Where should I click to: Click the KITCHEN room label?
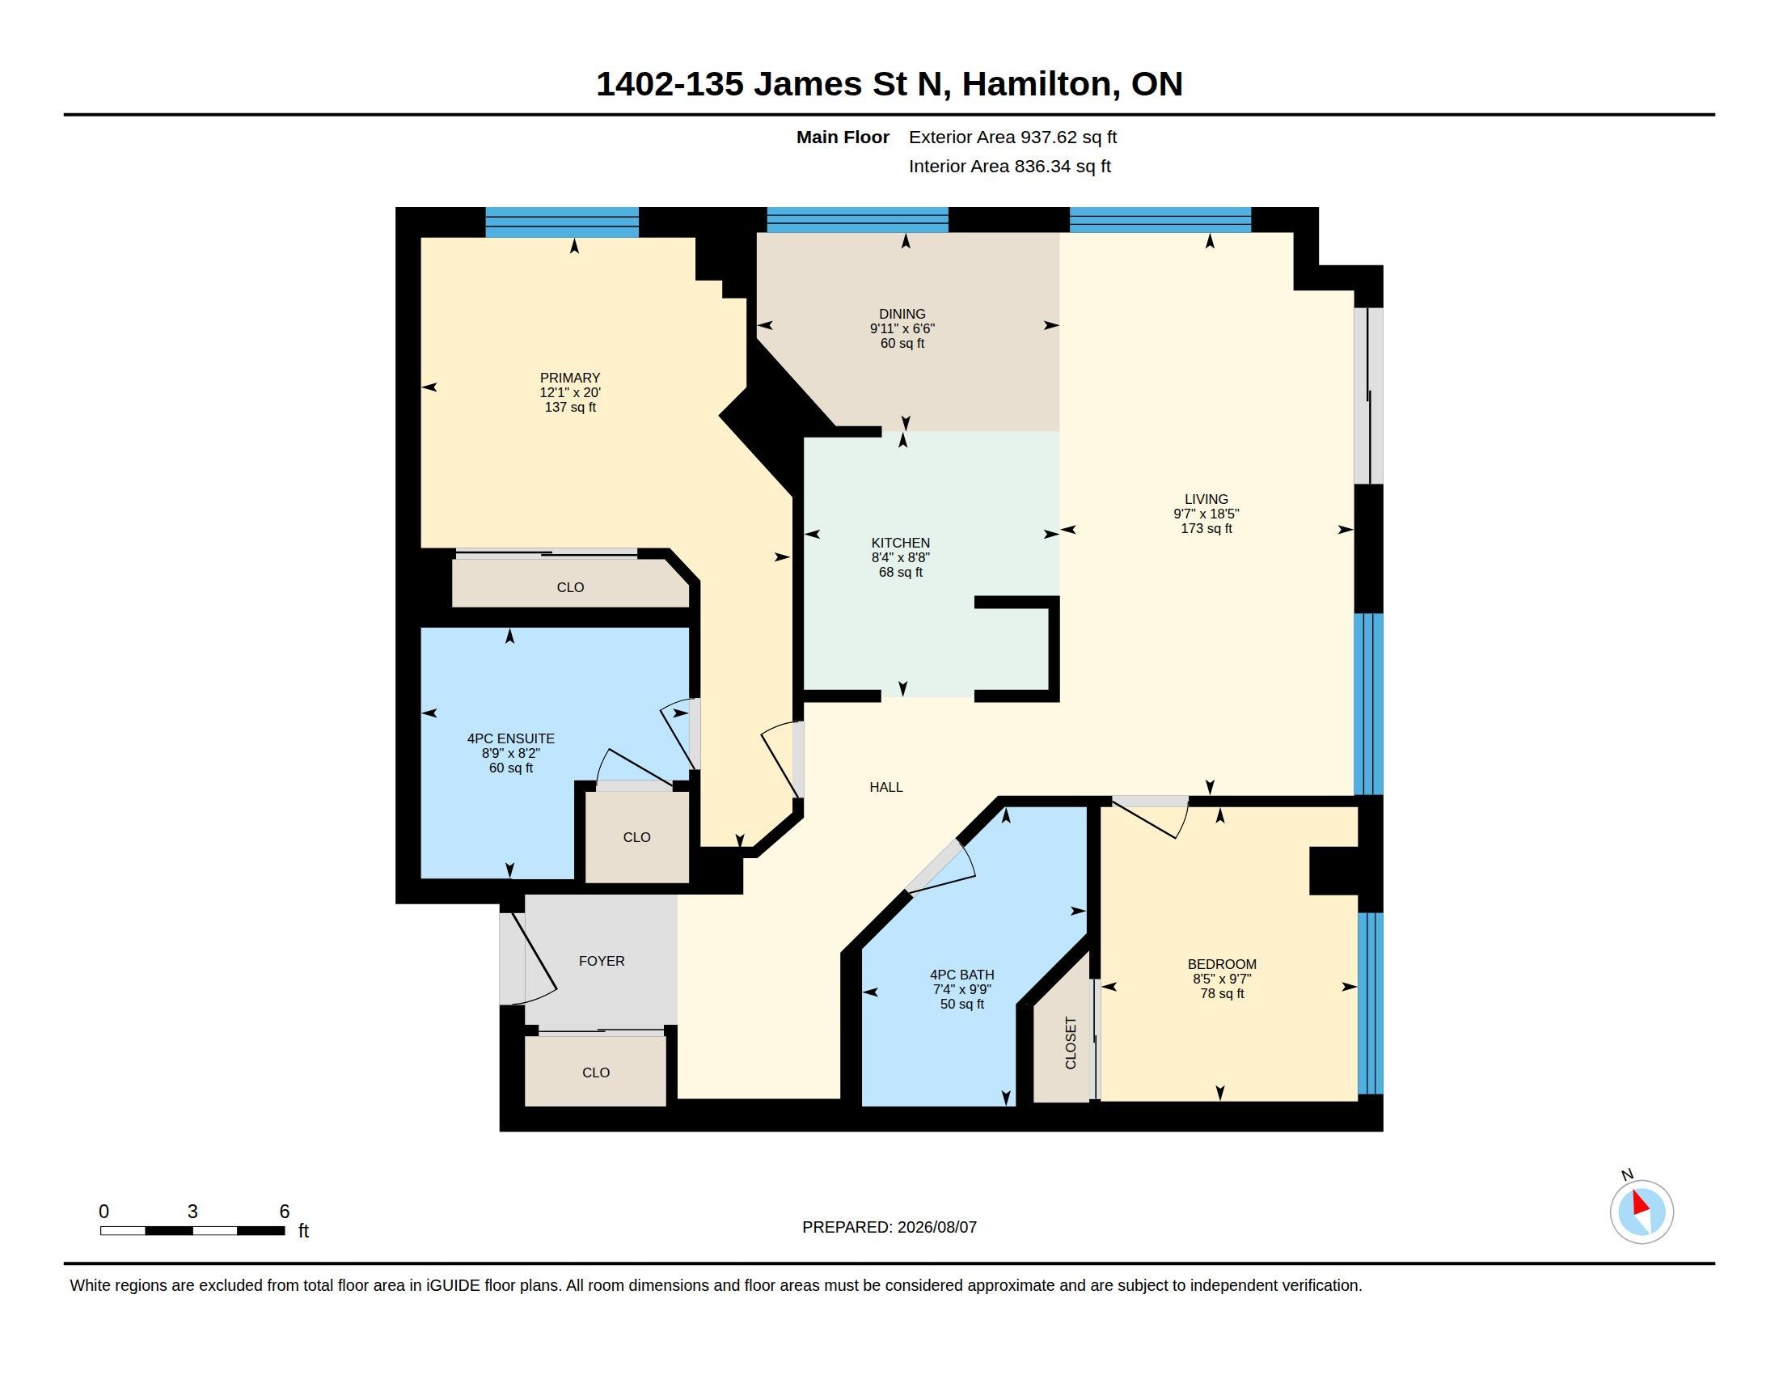point(900,544)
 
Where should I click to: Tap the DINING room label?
point(902,315)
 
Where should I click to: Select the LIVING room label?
point(1206,499)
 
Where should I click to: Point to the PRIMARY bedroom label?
point(570,378)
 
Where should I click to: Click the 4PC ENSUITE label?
point(511,738)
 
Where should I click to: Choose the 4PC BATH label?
point(962,975)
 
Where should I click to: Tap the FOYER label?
point(602,961)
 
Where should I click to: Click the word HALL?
point(886,787)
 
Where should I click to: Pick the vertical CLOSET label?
point(1071,1043)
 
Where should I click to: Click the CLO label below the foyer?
point(596,1072)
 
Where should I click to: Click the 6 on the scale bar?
point(285,1212)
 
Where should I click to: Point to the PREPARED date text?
point(889,1227)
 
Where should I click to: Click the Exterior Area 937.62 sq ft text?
point(1012,137)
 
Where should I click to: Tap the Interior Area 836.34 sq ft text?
point(1009,166)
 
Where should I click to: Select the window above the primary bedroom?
point(562,222)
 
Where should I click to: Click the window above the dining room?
point(858,220)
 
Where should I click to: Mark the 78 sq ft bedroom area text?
point(1222,994)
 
